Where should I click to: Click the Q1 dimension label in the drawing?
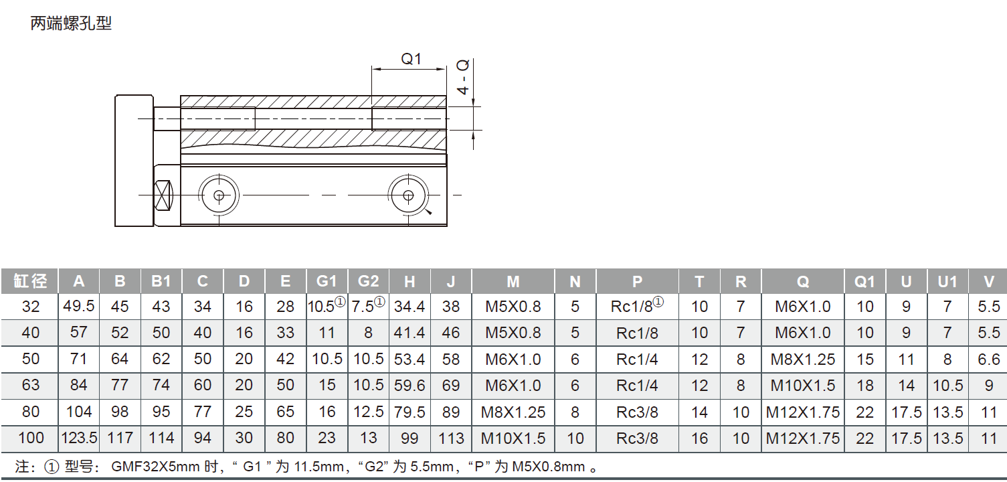tap(411, 59)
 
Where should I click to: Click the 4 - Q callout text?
tap(462, 77)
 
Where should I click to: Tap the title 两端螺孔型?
tap(71, 23)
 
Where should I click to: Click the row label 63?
tap(31, 386)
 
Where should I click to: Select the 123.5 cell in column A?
tap(79, 438)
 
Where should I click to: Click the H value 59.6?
tap(410, 386)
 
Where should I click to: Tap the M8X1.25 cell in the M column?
tap(513, 412)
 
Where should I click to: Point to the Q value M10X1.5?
tap(803, 386)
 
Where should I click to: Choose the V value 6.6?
tap(988, 359)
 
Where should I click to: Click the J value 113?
tap(452, 438)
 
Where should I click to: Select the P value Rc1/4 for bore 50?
tap(637, 359)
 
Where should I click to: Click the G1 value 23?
tap(327, 438)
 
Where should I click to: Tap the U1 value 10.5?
tap(947, 386)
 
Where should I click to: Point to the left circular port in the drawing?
tap(219, 195)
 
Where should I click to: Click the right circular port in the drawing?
tap(408, 195)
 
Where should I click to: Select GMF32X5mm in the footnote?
tap(155, 467)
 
